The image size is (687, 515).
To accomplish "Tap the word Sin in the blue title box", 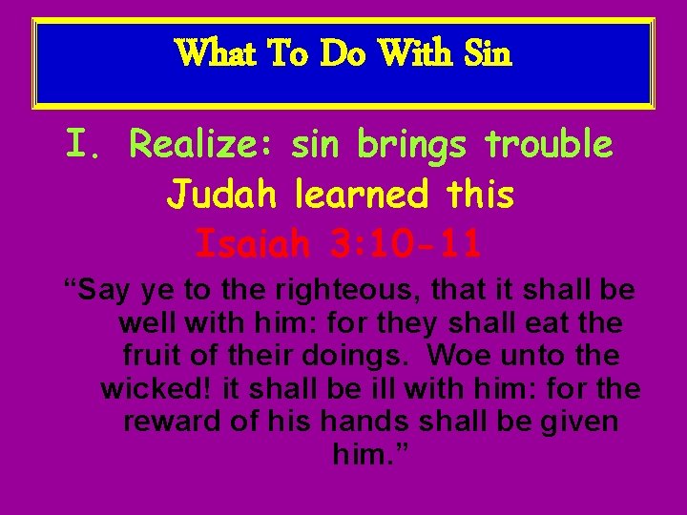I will (488, 53).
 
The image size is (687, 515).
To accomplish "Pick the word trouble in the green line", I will (550, 146).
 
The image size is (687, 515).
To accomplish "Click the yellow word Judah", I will (222, 196).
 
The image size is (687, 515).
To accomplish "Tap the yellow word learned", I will (361, 196).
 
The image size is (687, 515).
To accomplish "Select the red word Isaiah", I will (253, 244).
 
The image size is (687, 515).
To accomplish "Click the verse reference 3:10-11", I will (406, 244).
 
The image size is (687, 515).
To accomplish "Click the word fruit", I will (150, 356).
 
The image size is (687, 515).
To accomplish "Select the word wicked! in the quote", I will (156, 388).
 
